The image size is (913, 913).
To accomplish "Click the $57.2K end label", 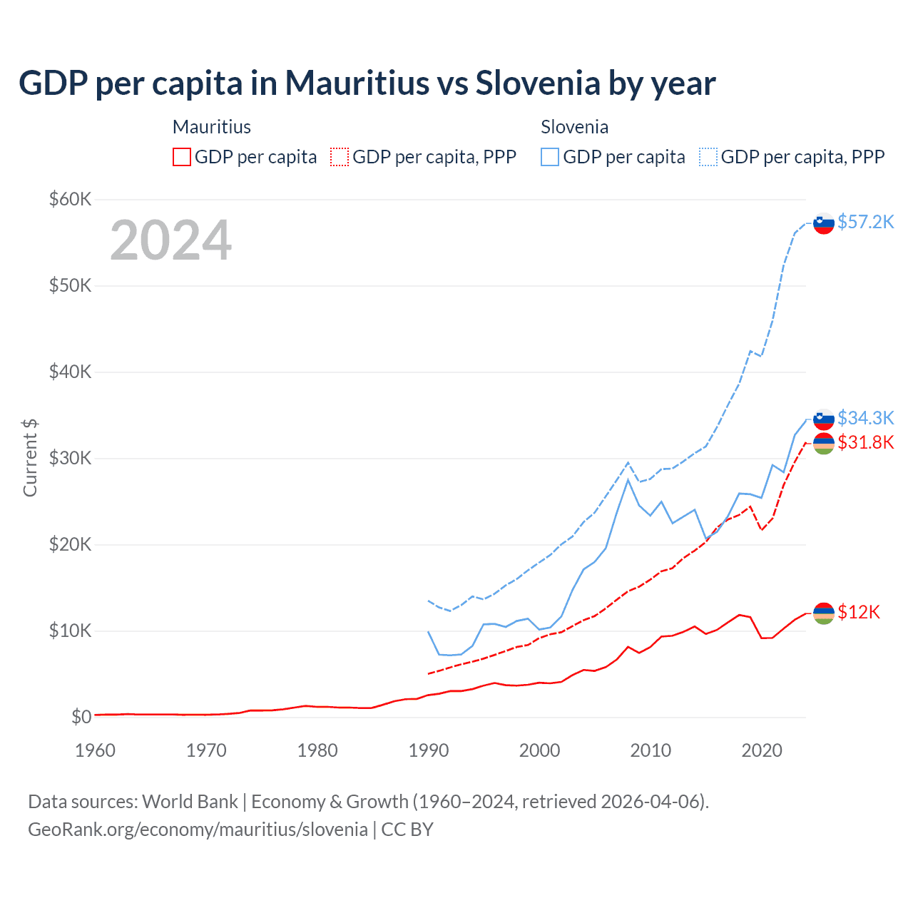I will coord(865,222).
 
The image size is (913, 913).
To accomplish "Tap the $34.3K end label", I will coord(865,417).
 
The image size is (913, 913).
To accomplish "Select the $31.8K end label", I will coord(865,442).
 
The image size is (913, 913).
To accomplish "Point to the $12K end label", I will coord(859,612).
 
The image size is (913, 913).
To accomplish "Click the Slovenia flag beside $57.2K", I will coord(824,223).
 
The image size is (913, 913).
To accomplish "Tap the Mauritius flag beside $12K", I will coord(824,613).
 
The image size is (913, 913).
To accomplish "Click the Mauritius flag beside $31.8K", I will coord(824,444).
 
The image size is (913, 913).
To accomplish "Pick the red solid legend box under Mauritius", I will coord(182,157).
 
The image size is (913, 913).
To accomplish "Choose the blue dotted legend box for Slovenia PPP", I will coord(708,157).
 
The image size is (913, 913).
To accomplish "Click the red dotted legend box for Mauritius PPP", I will coord(340,157).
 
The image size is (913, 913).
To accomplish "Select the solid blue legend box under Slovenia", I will coord(550,157).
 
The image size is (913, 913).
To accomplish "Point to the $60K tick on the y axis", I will coord(70,199).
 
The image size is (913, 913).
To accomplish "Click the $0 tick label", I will coord(81,717).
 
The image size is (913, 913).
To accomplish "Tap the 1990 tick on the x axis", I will coord(429,750).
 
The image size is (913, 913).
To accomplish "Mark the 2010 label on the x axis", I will coord(651,750).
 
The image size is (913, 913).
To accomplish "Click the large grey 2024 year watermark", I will coord(170,240).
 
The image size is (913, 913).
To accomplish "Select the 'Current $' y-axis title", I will coord(30,458).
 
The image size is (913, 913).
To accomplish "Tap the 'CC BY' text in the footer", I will coord(407,830).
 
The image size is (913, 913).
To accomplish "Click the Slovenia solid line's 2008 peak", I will coord(628,479).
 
